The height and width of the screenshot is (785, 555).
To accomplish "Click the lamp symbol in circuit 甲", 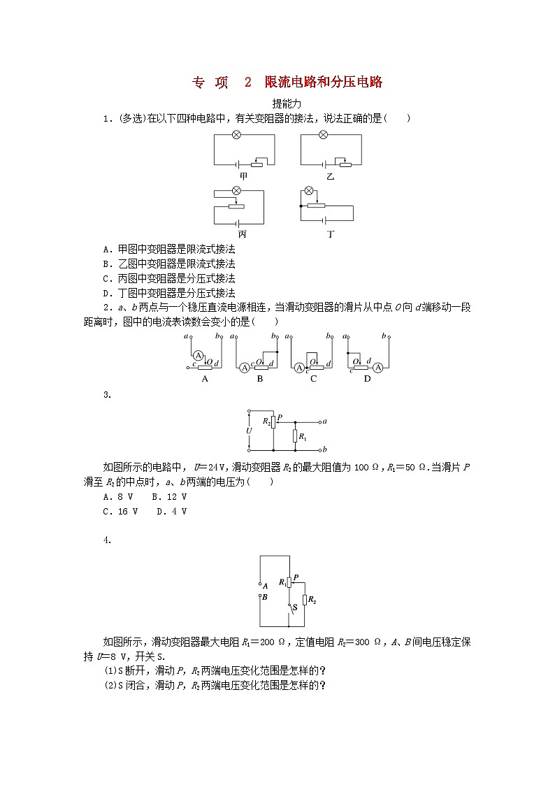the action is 236,135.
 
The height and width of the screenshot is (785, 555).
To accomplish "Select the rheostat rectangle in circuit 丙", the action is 237,206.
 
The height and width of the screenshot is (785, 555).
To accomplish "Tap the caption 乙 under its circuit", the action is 329,177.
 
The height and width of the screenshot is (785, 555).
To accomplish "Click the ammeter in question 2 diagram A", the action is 198,354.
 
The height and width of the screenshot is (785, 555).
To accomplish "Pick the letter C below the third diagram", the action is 314,379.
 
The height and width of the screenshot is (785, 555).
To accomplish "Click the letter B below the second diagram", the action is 260,379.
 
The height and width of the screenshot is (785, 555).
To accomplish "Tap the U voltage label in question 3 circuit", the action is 249,431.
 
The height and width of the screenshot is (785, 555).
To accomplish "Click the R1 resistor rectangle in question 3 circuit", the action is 294,437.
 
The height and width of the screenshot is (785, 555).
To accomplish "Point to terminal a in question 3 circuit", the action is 326,422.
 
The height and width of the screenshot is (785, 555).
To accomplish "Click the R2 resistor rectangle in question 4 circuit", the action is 305,600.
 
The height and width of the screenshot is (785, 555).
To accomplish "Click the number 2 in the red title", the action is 247,82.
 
